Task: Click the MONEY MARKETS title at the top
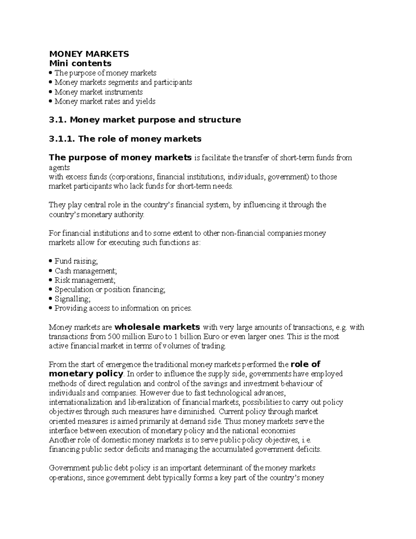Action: (x=89, y=54)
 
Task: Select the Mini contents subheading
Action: (x=80, y=63)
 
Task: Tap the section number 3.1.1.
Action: (x=62, y=139)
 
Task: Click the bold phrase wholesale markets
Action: (x=157, y=327)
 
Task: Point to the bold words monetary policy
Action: (x=86, y=374)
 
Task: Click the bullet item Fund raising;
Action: (x=76, y=261)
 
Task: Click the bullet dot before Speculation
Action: (x=51, y=289)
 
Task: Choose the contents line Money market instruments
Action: (x=98, y=92)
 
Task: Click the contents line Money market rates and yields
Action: (x=105, y=101)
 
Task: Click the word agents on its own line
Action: (x=59, y=168)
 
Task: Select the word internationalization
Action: (x=81, y=402)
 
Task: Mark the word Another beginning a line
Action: (x=61, y=440)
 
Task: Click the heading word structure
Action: (x=219, y=120)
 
